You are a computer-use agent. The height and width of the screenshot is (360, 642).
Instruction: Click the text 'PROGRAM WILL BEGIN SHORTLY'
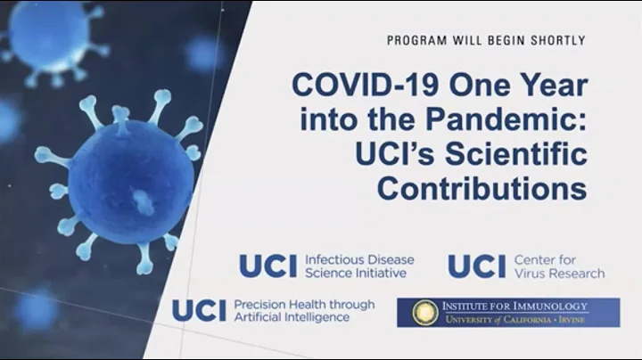pos(486,40)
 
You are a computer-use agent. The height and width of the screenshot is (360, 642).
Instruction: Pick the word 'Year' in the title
pos(542,87)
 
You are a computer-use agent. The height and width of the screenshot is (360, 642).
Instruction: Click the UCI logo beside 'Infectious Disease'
pos(268,266)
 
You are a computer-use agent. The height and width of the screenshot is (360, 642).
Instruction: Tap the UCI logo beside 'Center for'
pos(476,266)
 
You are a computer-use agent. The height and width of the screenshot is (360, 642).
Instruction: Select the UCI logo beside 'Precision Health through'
pos(199,310)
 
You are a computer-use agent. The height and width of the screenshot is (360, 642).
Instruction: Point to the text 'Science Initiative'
pos(355,274)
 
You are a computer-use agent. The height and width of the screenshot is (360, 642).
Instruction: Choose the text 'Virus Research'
pos(559,274)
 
